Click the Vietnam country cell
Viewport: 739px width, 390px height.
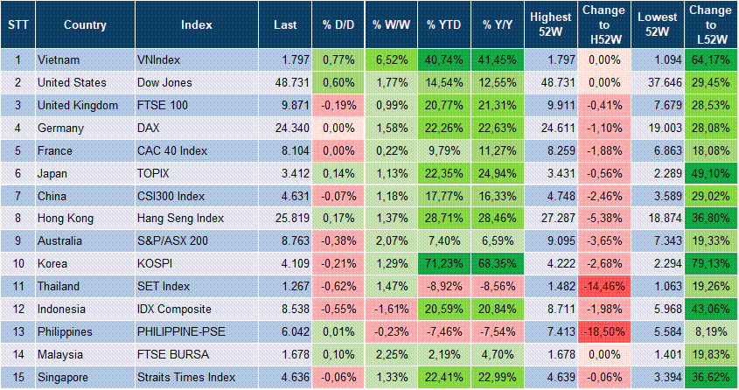59,60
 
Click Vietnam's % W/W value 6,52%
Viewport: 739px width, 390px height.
391,60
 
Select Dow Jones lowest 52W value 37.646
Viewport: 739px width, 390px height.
659,82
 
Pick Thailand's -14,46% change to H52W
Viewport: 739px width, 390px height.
603,287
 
